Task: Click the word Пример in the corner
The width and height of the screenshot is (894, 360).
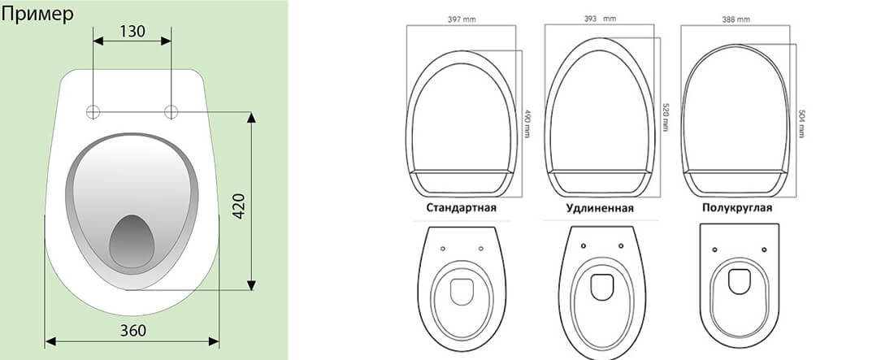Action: tap(37, 15)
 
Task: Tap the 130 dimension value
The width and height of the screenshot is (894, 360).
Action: tap(132, 32)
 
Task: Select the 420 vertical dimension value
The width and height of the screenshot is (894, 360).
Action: tap(239, 206)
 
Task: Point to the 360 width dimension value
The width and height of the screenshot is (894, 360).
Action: tap(132, 330)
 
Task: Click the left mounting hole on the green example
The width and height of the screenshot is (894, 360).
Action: tap(93, 112)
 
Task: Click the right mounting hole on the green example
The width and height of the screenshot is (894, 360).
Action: tap(171, 112)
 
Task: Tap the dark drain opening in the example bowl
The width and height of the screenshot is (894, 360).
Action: tap(132, 241)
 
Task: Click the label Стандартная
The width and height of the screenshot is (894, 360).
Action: tap(461, 208)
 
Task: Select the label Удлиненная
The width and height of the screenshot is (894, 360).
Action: tap(600, 208)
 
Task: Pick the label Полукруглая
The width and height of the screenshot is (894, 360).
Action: tap(737, 208)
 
